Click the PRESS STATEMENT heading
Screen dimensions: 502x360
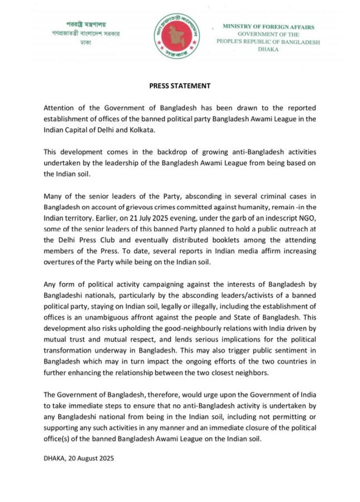coord(180,86)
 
